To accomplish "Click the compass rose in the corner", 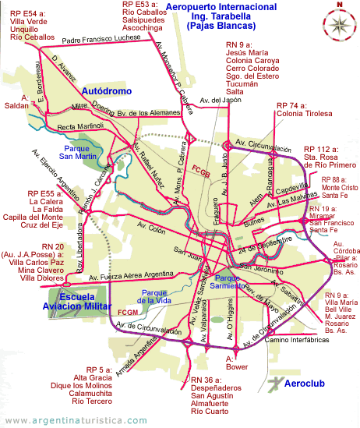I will coord(340,20).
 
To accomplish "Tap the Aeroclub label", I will coord(303,384).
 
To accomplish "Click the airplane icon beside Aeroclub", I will coord(274,383).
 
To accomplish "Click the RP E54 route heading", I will coord(22,14).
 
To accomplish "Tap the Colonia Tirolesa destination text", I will coord(306,115).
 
